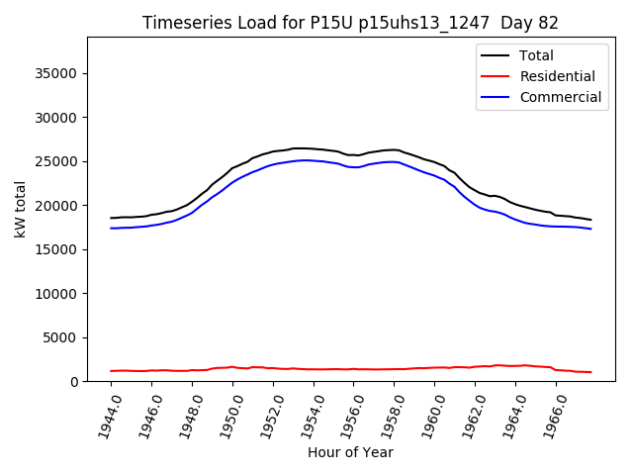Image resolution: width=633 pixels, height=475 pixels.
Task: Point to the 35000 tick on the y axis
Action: [x=59, y=73]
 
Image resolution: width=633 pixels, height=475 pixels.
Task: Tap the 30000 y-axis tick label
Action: [x=59, y=118]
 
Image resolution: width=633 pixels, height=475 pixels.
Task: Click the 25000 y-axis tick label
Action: [x=59, y=161]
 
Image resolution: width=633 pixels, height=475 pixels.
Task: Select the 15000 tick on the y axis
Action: [x=59, y=249]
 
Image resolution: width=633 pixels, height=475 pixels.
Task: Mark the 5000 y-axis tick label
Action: [x=63, y=337]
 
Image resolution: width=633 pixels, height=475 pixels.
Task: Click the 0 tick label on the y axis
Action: [x=76, y=382]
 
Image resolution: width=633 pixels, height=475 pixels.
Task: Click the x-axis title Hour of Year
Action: [x=350, y=452]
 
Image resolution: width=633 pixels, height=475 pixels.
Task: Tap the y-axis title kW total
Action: [x=21, y=209]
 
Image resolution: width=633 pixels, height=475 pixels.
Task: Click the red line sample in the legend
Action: [x=497, y=76]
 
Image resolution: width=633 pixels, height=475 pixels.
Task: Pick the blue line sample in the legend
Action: [x=497, y=97]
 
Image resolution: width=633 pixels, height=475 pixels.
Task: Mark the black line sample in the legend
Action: [x=497, y=55]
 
